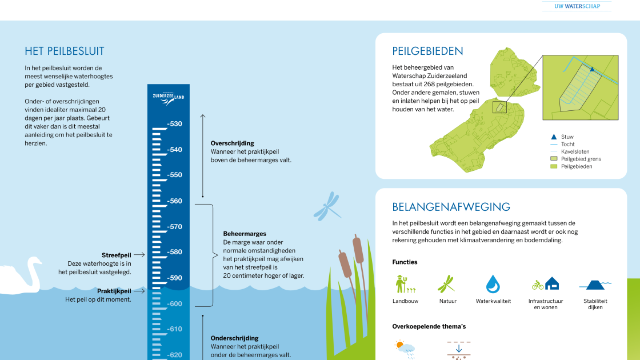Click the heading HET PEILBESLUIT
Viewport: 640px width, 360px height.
pos(65,51)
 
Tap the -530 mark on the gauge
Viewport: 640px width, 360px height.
pos(174,124)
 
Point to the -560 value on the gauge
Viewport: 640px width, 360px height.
pos(174,201)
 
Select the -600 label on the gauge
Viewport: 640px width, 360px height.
pos(174,304)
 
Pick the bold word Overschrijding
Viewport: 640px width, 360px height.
pos(232,143)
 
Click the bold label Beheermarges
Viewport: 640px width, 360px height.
pos(245,234)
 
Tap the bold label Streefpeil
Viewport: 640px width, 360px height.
pos(117,255)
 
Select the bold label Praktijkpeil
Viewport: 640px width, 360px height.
pos(114,291)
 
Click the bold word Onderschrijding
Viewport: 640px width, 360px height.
pos(234,338)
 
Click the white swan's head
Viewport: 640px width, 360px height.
pos(36,261)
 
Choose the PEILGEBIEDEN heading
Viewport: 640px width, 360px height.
pos(427,51)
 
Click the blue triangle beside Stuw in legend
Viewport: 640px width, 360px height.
pos(553,137)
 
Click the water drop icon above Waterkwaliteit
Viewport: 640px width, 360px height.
pos(493,284)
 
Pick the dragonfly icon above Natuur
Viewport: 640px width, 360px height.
pos(446,284)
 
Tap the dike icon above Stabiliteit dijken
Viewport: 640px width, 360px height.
pos(595,284)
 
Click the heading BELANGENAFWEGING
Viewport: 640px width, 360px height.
pos(451,207)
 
